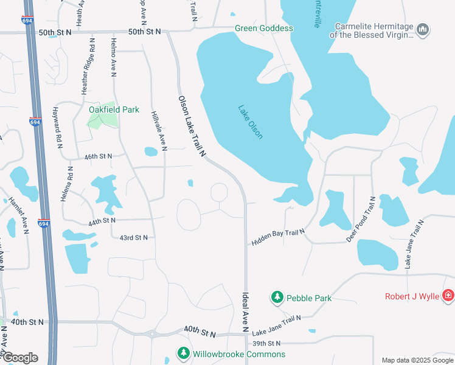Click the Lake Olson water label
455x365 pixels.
(251, 122)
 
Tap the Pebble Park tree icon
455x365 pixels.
(277, 297)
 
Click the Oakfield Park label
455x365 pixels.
(114, 109)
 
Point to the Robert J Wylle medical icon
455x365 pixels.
(448, 296)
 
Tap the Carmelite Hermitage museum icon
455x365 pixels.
(424, 29)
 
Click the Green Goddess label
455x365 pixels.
(264, 29)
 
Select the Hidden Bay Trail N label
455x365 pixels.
(277, 234)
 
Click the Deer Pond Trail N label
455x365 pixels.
(361, 219)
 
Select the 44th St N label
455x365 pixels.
(102, 222)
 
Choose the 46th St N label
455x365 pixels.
(99, 156)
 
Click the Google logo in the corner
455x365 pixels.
(19, 358)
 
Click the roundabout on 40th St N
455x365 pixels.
(151, 333)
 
